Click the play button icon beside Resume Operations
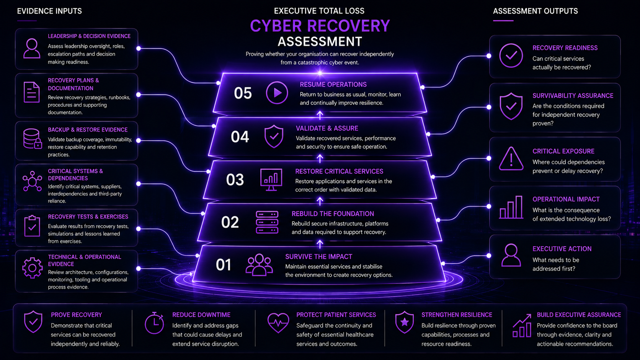coord(277,93)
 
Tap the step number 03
coord(235,180)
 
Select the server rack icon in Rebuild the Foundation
coord(267,222)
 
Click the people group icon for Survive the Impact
coord(259,265)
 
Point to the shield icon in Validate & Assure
coord(274,137)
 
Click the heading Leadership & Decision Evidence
coord(89,36)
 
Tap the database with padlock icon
coord(32,139)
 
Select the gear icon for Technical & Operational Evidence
coord(32,268)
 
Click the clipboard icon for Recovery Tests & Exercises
coord(32,226)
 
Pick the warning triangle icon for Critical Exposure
coord(511,159)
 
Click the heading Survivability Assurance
coord(573,96)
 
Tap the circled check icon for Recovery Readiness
coord(511,55)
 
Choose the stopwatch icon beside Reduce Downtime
coord(154,323)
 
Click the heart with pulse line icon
coord(278,323)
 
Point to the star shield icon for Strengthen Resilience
coord(404,322)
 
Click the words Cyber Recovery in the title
coord(320,26)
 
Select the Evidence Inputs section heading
coord(49,11)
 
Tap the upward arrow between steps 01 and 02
coord(320,244)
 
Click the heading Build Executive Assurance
coord(579,315)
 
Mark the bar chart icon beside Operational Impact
coord(511,207)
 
